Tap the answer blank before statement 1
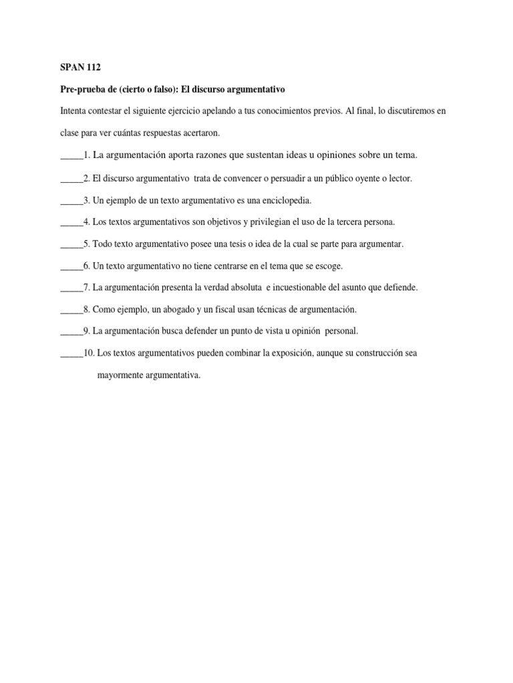click(x=71, y=156)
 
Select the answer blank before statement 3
click(x=71, y=200)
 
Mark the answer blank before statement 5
click(x=71, y=244)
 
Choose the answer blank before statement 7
click(x=71, y=288)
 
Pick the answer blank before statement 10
click(x=71, y=354)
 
